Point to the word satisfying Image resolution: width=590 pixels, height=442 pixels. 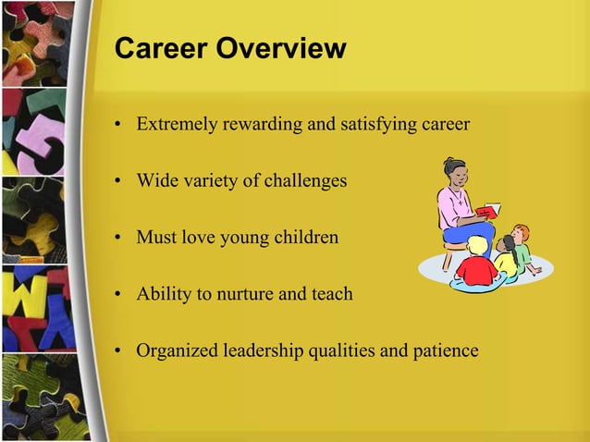379,123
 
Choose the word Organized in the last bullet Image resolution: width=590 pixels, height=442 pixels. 176,351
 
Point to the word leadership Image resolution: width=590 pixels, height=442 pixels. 263,351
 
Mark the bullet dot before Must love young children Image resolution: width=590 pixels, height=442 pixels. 118,239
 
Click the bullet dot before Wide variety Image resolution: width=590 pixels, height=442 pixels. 118,181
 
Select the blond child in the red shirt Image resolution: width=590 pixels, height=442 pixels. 477,264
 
